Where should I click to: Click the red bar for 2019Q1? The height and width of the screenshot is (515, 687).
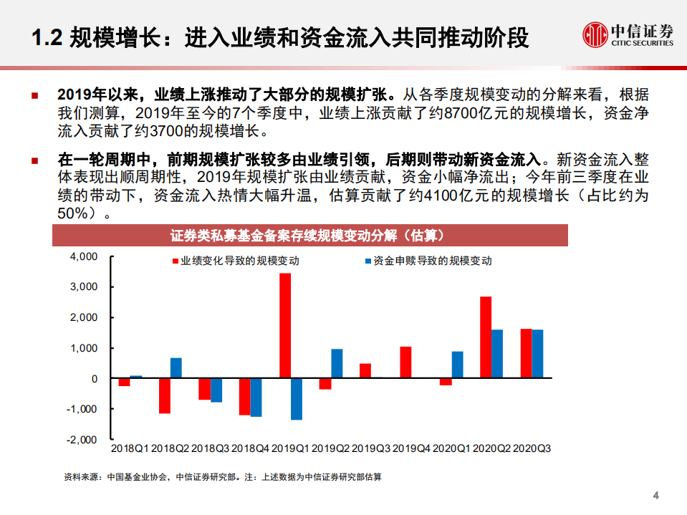pyautogui.click(x=285, y=326)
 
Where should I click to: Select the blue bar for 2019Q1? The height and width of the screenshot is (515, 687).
pyautogui.click(x=297, y=399)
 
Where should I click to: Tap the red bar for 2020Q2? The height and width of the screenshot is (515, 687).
pyautogui.click(x=486, y=337)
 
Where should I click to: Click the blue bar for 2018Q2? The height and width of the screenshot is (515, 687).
pyautogui.click(x=176, y=368)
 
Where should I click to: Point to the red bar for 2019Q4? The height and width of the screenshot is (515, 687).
pyautogui.click(x=405, y=362)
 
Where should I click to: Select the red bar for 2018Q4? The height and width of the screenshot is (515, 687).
pyautogui.click(x=245, y=397)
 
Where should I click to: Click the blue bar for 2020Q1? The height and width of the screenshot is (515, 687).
pyautogui.click(x=457, y=365)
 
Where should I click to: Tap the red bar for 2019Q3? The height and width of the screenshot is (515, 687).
pyautogui.click(x=365, y=371)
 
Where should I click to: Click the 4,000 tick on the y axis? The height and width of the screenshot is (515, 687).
pyautogui.click(x=82, y=256)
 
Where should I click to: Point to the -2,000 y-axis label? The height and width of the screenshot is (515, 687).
pyautogui.click(x=81, y=439)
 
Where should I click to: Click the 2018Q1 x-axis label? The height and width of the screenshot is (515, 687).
pyautogui.click(x=130, y=448)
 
